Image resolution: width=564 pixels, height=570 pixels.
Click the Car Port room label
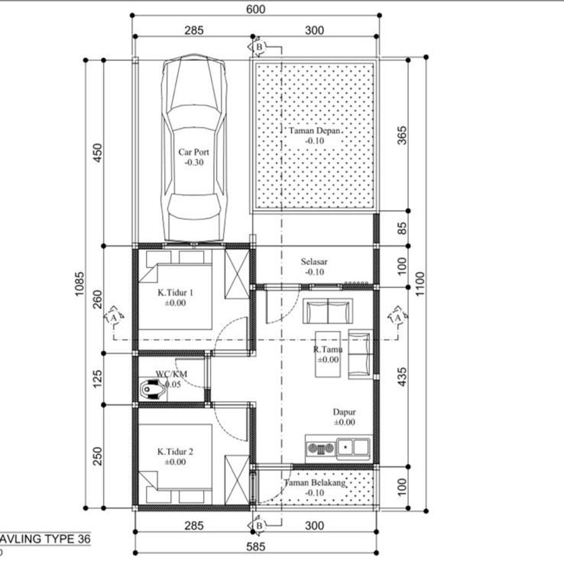coord(193,152)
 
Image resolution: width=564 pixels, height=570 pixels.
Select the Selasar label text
coord(313,262)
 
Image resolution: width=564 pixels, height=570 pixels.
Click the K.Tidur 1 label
coord(171,293)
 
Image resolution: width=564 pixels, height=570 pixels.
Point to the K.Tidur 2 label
coord(175,452)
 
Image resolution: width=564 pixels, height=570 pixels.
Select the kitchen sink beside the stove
coord(353,446)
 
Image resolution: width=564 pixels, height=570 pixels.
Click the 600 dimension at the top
coord(256,9)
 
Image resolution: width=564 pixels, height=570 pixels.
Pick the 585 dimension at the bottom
coord(256,547)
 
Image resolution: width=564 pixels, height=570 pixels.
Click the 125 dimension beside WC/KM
coord(98,379)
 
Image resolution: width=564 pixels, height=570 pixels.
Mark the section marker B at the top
coord(259,47)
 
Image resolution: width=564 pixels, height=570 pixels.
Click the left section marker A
coord(113,318)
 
